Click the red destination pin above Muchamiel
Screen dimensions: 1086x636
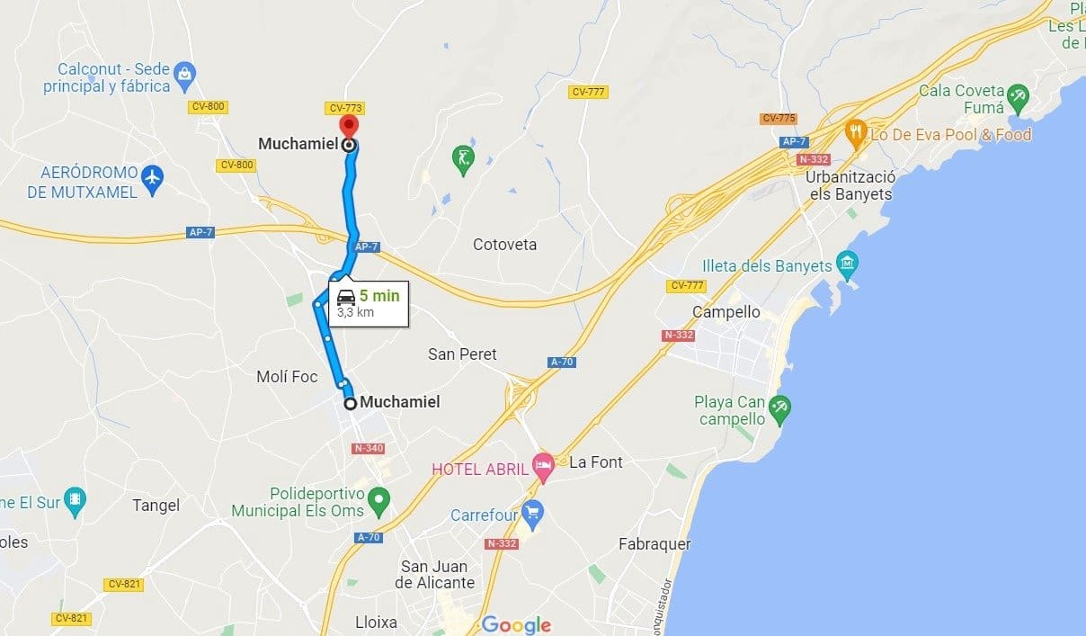pyautogui.click(x=347, y=127)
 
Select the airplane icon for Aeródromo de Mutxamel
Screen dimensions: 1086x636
pyautogui.click(x=153, y=178)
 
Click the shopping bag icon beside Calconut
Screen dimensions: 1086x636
pyautogui.click(x=184, y=72)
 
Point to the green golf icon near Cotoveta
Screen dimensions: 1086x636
pyautogui.click(x=462, y=158)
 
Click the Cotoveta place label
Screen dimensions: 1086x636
pyautogui.click(x=504, y=245)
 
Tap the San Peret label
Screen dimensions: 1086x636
pyautogui.click(x=462, y=354)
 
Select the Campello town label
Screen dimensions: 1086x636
pyautogui.click(x=725, y=312)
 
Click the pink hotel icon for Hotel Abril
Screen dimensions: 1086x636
pyautogui.click(x=543, y=466)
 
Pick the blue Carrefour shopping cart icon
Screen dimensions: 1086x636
pyautogui.click(x=533, y=514)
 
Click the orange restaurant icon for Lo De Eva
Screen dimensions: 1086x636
pyautogui.click(x=855, y=133)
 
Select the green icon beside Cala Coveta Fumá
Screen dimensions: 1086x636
pyautogui.click(x=1017, y=94)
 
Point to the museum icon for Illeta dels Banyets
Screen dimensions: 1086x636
pyautogui.click(x=847, y=264)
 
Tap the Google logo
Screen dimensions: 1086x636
pyautogui.click(x=516, y=624)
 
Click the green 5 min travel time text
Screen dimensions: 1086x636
pyautogui.click(x=378, y=295)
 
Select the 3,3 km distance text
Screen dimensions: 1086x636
pyautogui.click(x=355, y=313)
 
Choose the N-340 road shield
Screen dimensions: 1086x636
pyautogui.click(x=369, y=448)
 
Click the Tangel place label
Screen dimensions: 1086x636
pyautogui.click(x=156, y=506)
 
